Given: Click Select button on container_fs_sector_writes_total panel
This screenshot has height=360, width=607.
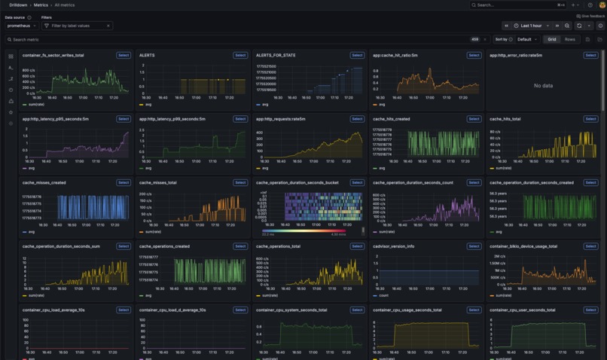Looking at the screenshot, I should pos(124,55).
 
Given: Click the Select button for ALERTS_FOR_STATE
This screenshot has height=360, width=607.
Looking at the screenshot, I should pos(357,55).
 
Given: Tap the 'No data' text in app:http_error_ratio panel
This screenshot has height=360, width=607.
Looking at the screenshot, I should pos(544,86).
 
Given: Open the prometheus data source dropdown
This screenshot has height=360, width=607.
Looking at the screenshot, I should pos(22,26).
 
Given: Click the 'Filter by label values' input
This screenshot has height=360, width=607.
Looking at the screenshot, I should pos(78,26).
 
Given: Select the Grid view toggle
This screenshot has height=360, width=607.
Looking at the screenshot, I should pos(551,39).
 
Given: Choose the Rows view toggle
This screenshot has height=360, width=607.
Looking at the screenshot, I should pos(570,39).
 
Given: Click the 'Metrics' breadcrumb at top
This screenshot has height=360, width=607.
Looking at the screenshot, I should pos(40,5).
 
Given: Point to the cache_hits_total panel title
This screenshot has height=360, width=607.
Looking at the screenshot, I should pos(505,119).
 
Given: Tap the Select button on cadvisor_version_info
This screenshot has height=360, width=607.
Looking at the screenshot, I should pos(474,246).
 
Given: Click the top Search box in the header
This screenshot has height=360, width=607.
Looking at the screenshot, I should pos(518,5).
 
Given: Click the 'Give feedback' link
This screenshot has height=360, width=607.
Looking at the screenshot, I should pos(591,16).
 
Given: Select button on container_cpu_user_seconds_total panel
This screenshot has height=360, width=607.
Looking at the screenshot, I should pos(590,310).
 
